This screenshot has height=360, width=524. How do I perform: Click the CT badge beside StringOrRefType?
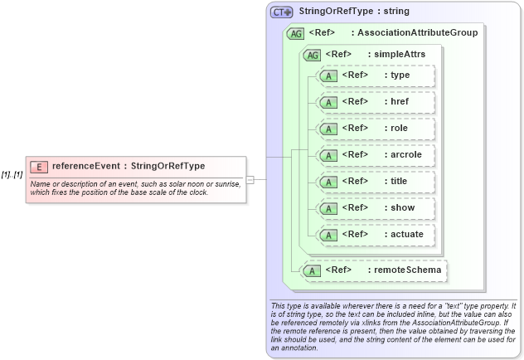click(282, 12)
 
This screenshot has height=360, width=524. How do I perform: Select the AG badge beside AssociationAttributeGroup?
click(295, 34)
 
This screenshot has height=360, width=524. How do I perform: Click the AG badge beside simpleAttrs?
click(313, 56)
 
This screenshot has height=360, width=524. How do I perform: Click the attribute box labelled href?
click(376, 102)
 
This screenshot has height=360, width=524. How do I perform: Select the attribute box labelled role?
click(376, 129)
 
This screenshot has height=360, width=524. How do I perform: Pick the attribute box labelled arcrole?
click(376, 155)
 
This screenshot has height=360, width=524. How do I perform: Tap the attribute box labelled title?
click(376, 182)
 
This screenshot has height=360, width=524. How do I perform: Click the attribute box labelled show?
click(376, 208)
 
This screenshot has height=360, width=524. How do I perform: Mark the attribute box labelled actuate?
click(376, 235)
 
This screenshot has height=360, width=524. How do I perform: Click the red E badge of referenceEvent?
click(39, 167)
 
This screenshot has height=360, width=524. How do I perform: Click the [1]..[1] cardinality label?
click(12, 174)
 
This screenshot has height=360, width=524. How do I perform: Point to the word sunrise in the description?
click(226, 183)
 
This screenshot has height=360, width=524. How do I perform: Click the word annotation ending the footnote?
click(295, 348)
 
